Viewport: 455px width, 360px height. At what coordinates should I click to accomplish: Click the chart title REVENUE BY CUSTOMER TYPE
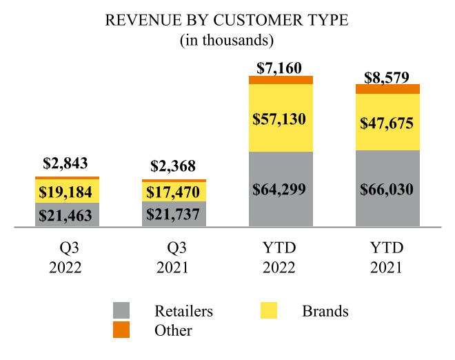227,21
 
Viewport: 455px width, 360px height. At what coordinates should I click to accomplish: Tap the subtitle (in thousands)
227,41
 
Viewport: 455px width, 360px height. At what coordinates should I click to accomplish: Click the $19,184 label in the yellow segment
67,191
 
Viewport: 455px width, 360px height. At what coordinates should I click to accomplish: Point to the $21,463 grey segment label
67,214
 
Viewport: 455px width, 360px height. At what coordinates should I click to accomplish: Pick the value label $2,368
174,166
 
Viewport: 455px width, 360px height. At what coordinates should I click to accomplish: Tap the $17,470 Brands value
174,192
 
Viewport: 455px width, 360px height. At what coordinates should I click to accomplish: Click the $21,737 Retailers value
174,214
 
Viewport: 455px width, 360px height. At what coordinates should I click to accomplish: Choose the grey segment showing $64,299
281,189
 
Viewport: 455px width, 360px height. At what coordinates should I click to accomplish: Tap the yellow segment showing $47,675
387,123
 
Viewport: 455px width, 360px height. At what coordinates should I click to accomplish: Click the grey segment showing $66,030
387,189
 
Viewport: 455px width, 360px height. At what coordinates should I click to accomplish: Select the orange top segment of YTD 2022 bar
281,80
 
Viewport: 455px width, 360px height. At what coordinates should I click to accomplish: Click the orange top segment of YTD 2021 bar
387,89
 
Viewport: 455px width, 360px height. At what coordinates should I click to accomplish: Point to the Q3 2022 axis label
67,257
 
